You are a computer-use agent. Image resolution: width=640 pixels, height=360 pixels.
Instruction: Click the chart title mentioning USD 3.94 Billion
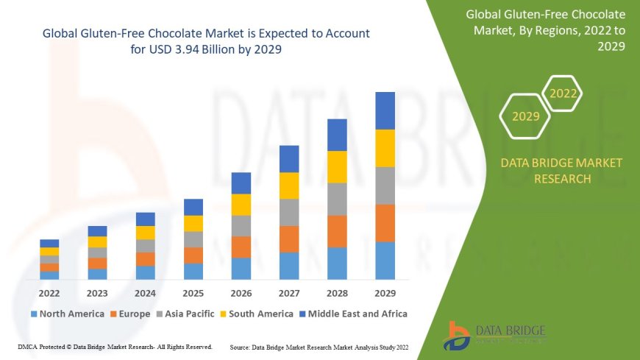point(206,41)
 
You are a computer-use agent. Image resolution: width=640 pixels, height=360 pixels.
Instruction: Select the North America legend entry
point(67,314)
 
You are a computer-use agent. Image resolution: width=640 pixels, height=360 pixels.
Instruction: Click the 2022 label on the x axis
point(49,292)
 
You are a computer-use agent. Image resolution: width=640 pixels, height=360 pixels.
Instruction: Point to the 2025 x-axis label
point(193,292)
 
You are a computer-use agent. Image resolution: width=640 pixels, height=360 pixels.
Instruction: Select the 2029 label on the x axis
point(385,292)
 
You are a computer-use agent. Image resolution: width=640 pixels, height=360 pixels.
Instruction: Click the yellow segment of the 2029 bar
point(385,148)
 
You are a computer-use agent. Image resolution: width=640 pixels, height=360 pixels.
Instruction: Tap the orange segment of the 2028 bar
point(337,231)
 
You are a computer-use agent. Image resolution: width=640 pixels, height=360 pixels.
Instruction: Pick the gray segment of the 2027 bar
point(289,212)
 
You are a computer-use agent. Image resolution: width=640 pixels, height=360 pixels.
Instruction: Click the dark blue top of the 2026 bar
point(241,183)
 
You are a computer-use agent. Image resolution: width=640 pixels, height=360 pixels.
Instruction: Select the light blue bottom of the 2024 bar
point(146,272)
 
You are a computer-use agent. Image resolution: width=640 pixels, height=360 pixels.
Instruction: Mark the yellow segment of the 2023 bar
point(97,241)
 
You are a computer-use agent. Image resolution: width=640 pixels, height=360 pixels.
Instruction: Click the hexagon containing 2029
point(525,116)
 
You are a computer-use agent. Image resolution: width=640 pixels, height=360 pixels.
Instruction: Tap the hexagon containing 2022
point(563,93)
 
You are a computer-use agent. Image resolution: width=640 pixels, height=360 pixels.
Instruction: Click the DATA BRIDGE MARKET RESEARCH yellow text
point(561,171)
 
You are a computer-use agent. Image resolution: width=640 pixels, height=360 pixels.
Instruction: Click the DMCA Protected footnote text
point(114,346)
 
